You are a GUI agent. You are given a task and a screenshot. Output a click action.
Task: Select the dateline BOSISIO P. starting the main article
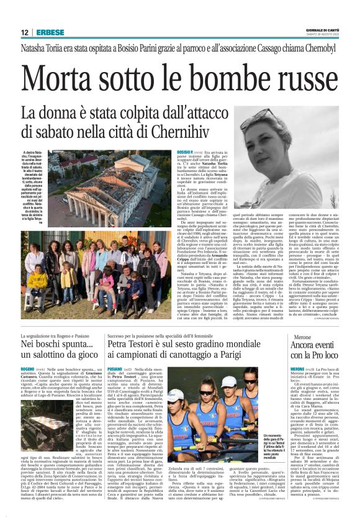click(x=186, y=152)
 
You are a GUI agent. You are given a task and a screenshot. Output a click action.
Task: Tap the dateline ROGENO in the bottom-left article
click(x=30, y=368)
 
